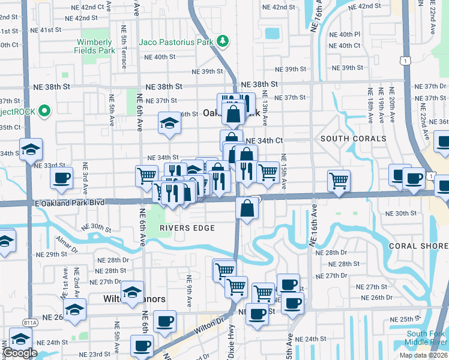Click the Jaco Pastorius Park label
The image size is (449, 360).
[176, 42]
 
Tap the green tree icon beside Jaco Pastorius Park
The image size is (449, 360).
[223, 41]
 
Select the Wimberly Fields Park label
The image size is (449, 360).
[94, 47]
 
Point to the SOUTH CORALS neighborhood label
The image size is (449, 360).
[353, 139]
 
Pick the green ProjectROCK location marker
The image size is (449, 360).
[44, 111]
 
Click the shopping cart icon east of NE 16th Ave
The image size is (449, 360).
[339, 179]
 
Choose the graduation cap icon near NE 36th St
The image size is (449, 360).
[169, 123]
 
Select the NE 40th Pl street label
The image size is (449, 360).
[345, 35]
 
